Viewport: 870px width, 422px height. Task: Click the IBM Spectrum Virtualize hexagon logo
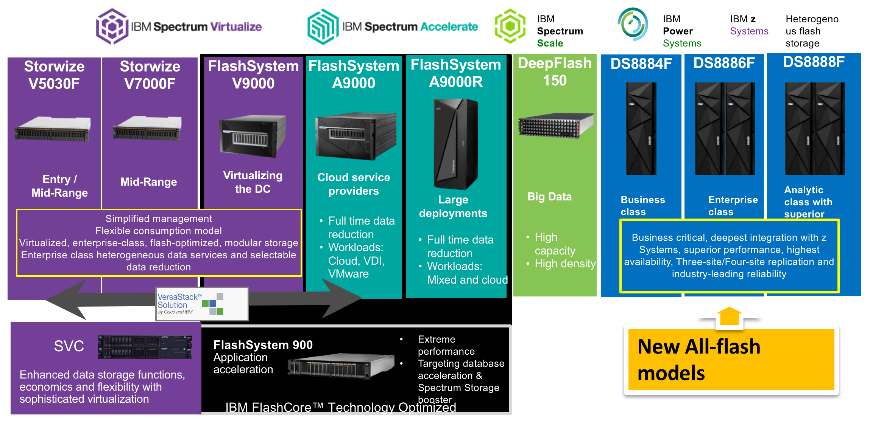pos(112,26)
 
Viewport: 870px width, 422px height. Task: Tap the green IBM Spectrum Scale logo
pos(510,26)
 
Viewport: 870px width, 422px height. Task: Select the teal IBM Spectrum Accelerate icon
pos(323,26)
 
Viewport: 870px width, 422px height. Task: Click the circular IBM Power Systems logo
pos(633,24)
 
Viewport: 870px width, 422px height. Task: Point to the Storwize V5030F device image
pos(53,129)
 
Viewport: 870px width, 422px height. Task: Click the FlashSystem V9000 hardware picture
pos(253,136)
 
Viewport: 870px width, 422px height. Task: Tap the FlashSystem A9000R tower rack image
pos(456,144)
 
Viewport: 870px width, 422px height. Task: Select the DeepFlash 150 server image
pos(555,125)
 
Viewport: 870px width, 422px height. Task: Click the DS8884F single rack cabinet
pos(641,129)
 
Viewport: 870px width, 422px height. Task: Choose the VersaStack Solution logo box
pos(202,304)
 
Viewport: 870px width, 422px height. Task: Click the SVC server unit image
pos(145,346)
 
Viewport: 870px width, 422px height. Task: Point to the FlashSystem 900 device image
pos(341,365)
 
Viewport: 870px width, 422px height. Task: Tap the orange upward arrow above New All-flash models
pos(729,315)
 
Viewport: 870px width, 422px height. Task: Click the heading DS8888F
pos(814,62)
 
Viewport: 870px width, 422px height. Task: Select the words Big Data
pos(549,197)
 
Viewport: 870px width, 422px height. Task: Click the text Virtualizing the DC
pos(253,182)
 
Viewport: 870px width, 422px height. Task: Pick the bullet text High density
pos(565,264)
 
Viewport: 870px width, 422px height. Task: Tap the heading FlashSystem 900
pos(263,344)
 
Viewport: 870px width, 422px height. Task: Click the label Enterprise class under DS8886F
pos(733,205)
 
